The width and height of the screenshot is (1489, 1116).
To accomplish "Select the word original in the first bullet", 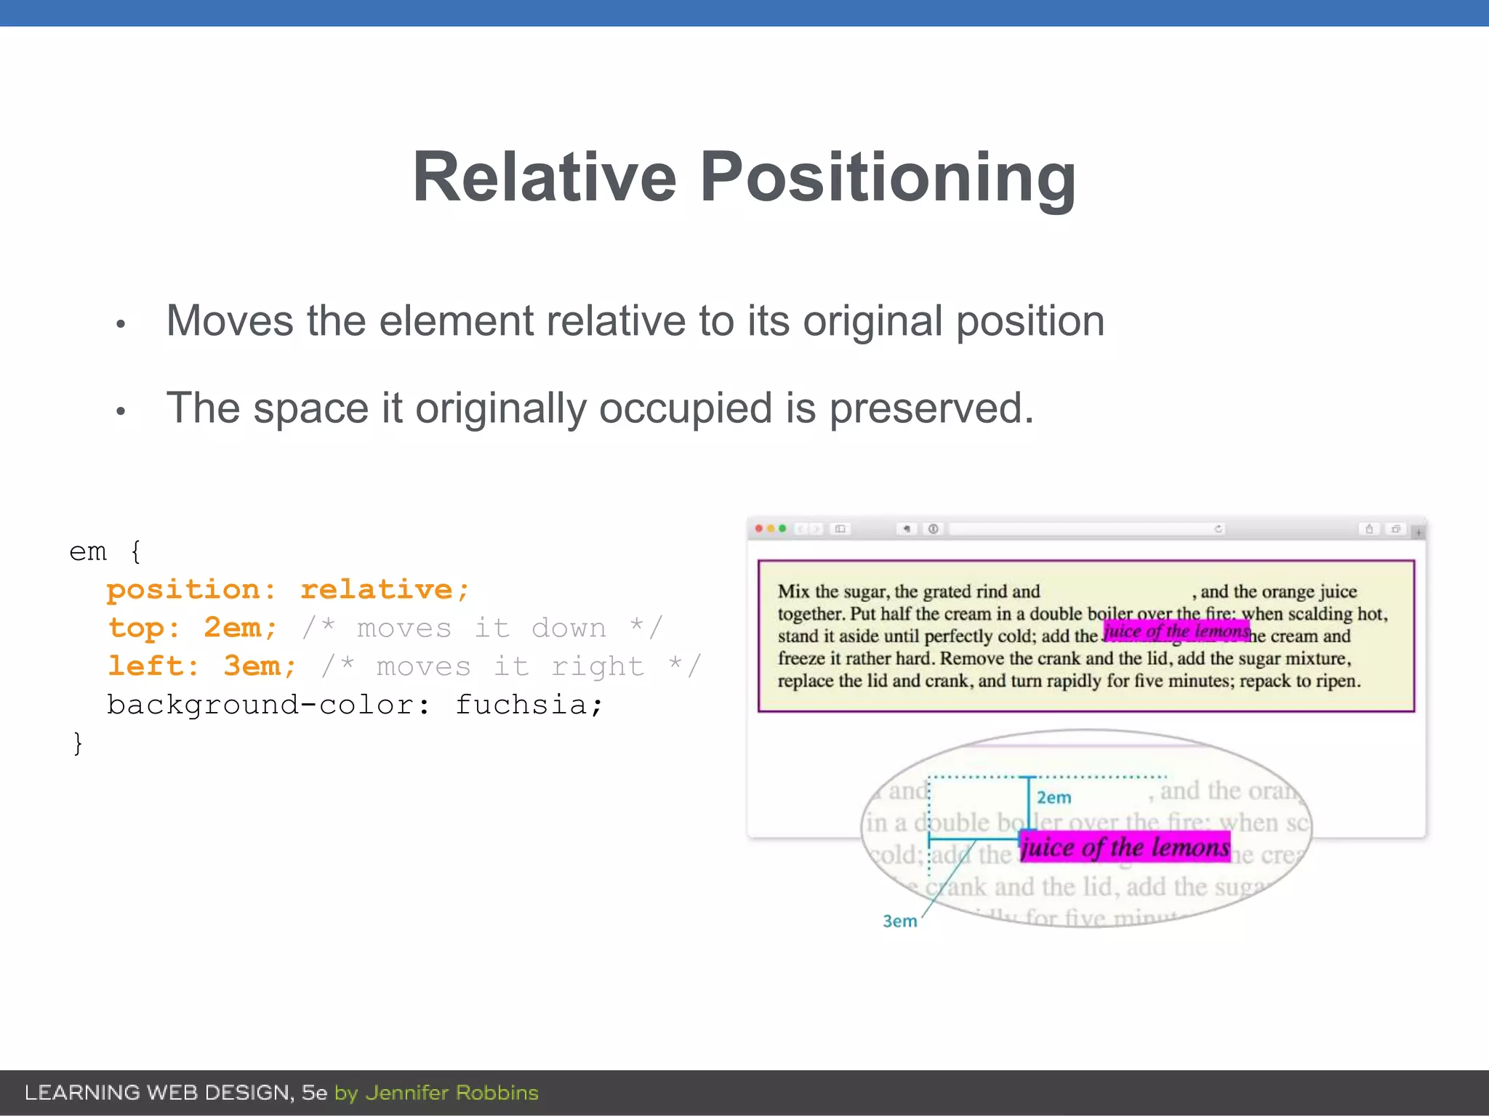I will [872, 321].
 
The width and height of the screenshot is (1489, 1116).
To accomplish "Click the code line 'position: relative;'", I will [288, 589].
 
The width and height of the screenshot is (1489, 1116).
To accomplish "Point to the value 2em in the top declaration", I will [239, 628].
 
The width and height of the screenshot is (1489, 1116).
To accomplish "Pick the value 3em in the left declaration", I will [259, 666].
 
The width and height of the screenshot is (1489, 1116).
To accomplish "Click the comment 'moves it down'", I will [481, 628].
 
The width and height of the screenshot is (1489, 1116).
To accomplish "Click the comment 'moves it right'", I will [510, 666].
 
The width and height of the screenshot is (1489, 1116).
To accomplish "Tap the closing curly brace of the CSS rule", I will [78, 743].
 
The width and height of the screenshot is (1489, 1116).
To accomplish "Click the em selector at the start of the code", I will [88, 551].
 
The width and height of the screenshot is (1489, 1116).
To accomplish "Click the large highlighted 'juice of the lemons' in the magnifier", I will [1124, 847].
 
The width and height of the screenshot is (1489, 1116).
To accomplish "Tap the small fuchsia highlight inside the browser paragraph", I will [1176, 631].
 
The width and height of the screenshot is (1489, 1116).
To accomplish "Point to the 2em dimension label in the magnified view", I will [1053, 798].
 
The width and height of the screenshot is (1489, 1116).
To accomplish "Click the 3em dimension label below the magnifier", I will [899, 921].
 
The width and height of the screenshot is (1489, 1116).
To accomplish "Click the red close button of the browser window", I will [759, 528].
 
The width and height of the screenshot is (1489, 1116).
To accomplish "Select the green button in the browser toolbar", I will [782, 528].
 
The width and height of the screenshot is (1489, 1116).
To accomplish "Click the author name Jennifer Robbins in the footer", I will [451, 1093].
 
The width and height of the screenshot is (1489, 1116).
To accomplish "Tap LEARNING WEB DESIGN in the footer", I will [158, 1093].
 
